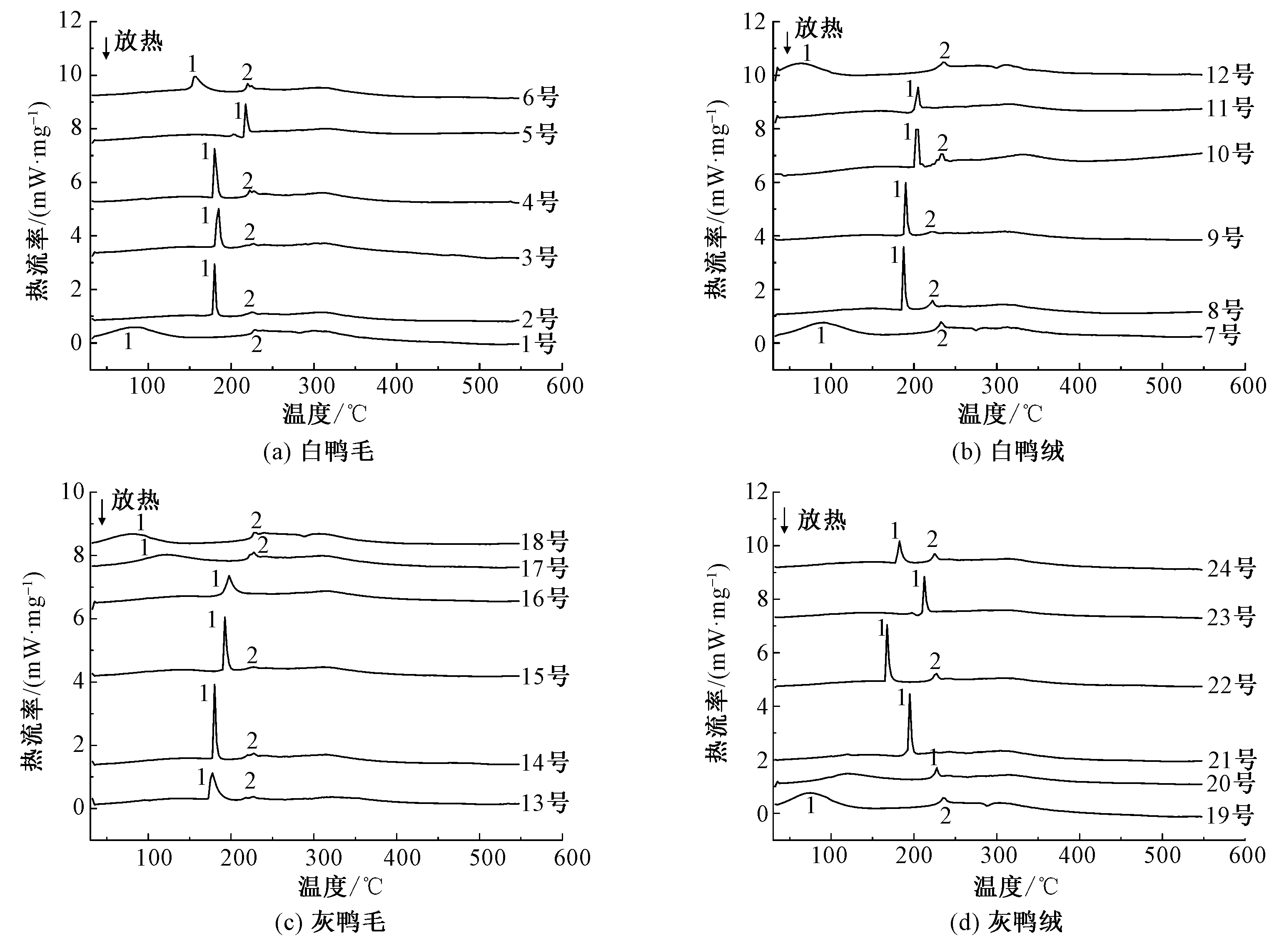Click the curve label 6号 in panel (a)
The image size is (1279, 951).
(x=540, y=98)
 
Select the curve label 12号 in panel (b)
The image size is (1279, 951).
(x=1228, y=75)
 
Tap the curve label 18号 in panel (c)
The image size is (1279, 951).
(x=544, y=542)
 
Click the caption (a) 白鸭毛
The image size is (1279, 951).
(x=318, y=452)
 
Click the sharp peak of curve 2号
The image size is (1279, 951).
(x=215, y=265)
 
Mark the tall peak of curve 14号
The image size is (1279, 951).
(x=215, y=686)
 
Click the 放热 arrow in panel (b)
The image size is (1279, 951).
(x=787, y=43)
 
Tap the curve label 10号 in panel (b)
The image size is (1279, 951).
(x=1228, y=154)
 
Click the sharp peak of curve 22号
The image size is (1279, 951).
(x=886, y=626)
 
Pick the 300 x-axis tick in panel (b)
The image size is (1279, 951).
(x=995, y=386)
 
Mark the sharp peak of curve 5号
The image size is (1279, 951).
(x=246, y=105)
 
